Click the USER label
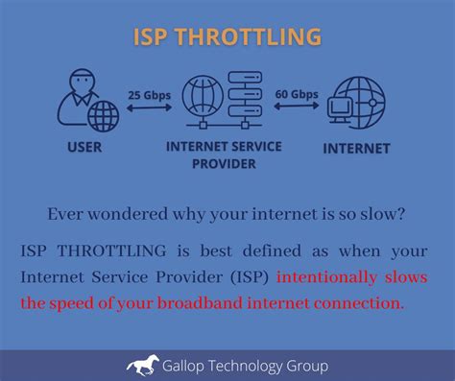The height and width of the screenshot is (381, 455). point(84,149)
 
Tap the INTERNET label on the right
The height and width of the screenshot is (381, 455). point(356,149)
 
